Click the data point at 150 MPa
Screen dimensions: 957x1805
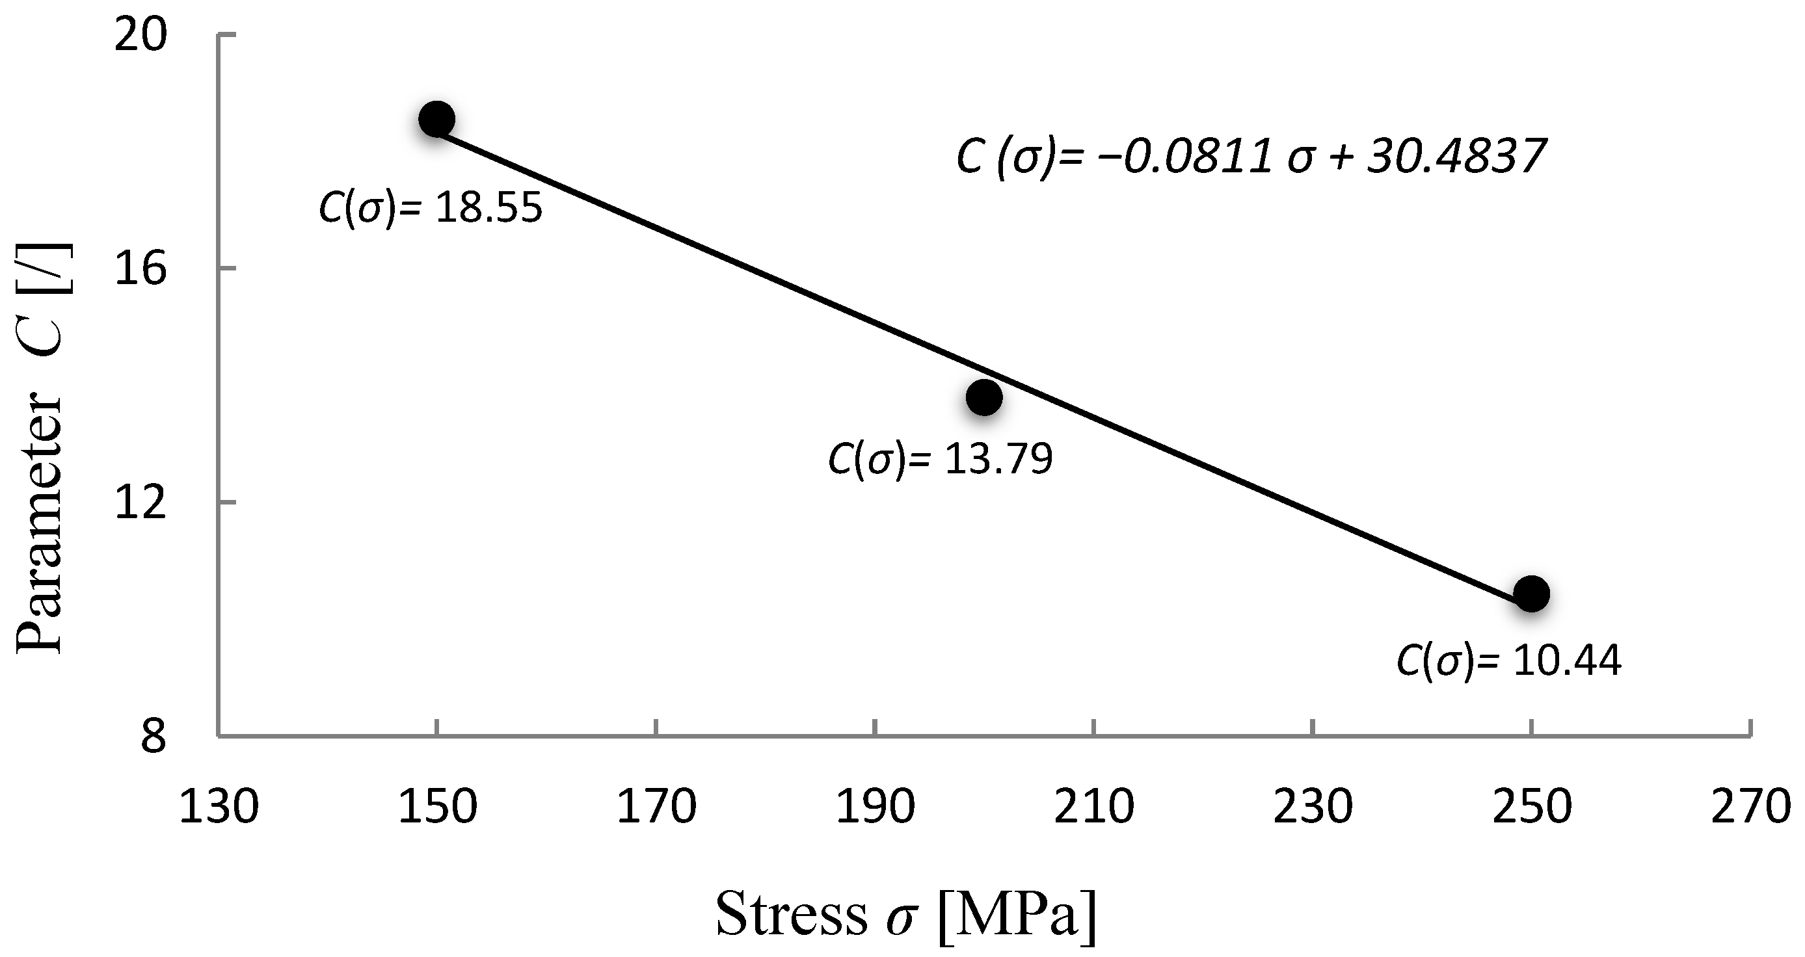click(x=436, y=119)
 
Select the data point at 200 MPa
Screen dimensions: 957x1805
click(x=983, y=397)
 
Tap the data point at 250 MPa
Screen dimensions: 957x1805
click(x=1531, y=594)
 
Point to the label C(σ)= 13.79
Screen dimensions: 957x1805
click(x=941, y=460)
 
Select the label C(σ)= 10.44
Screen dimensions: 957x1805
click(x=1508, y=660)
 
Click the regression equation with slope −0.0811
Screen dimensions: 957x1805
click(x=1250, y=156)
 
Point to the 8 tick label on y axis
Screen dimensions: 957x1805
click(x=154, y=737)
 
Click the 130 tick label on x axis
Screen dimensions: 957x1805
click(x=219, y=807)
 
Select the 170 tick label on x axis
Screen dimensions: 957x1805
click(x=656, y=807)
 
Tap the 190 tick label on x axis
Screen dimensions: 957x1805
click(x=875, y=807)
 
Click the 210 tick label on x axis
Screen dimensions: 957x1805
click(x=1094, y=807)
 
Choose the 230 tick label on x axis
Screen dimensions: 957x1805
click(x=1313, y=807)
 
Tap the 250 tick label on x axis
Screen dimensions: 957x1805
click(x=1532, y=807)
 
